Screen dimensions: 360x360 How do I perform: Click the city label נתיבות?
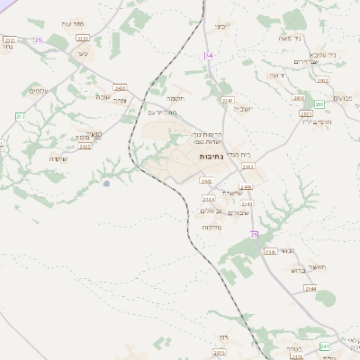click(211, 157)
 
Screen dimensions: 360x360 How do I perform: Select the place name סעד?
click(83, 55)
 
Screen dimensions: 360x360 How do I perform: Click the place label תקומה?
click(175, 97)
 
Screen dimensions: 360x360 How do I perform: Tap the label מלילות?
click(211, 227)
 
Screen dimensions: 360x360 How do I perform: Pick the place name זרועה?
click(276, 76)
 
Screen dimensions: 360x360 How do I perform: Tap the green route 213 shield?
click(21, 117)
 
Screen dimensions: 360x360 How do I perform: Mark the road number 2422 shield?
click(85, 146)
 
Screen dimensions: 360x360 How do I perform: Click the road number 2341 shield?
click(227, 101)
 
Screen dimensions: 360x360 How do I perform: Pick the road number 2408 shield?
click(206, 181)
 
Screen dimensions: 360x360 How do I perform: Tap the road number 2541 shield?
click(270, 252)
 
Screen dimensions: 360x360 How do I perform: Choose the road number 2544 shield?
click(310, 288)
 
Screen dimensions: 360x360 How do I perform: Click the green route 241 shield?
click(324, 346)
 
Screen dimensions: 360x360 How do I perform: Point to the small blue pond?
click(106, 184)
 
